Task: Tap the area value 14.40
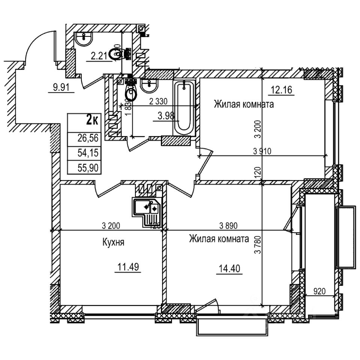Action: pyautogui.click(x=228, y=269)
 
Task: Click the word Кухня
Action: pyautogui.click(x=113, y=243)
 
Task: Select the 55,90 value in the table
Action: pyautogui.click(x=88, y=168)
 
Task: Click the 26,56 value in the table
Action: pyautogui.click(x=88, y=138)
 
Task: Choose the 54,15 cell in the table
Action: pyautogui.click(x=88, y=153)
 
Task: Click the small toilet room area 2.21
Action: pyautogui.click(x=100, y=56)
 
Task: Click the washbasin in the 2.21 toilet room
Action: pyautogui.click(x=84, y=38)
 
